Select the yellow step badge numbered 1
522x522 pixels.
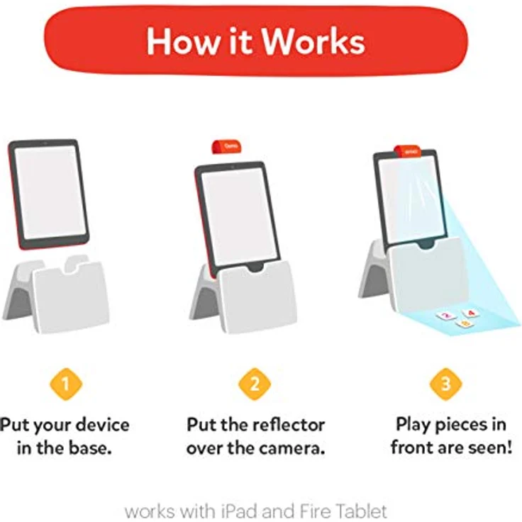(66, 384)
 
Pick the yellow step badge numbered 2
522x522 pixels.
(255, 384)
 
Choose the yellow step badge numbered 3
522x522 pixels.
(445, 384)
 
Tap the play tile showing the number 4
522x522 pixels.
(470, 312)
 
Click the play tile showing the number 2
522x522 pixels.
(446, 316)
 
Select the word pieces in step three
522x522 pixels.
(467, 426)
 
